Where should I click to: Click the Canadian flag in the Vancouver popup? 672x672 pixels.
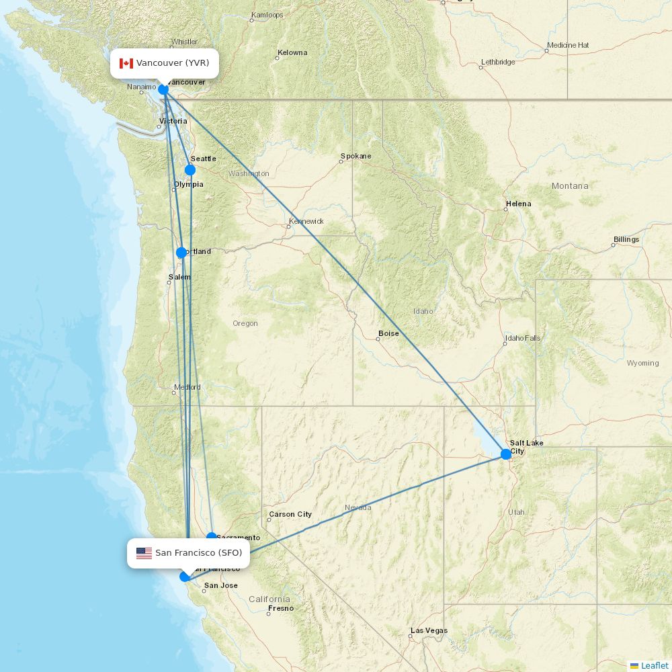point(126,63)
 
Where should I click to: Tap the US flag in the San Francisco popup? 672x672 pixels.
point(144,553)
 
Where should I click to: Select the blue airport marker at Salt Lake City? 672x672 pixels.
point(506,454)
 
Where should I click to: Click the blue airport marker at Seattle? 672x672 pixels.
point(190,170)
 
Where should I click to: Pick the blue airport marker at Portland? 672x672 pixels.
point(181,253)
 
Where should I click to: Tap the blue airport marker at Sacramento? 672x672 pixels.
point(212,537)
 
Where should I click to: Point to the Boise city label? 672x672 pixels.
point(388,333)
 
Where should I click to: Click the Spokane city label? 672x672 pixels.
point(355,156)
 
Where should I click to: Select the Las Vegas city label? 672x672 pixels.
point(429,630)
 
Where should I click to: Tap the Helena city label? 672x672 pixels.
point(518,204)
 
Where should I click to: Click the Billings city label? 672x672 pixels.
point(626,239)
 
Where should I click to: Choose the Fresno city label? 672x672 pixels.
point(281,608)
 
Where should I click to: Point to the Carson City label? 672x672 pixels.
point(290,514)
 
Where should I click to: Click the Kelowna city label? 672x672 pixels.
point(292,52)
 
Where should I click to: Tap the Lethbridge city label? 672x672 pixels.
point(498,62)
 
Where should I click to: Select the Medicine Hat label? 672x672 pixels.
point(568,45)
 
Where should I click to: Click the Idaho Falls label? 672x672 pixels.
point(523,338)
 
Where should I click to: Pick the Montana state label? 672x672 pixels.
point(569,185)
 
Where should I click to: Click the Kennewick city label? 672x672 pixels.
point(306,221)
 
